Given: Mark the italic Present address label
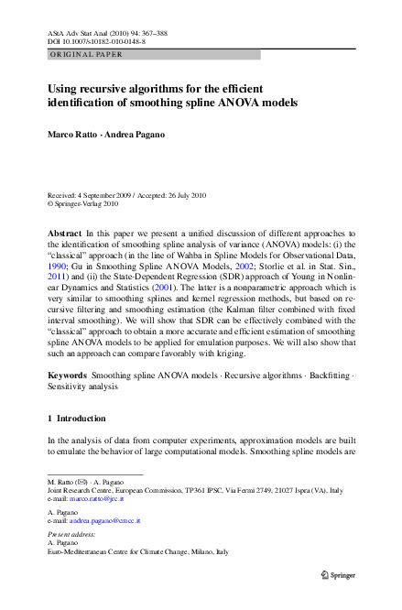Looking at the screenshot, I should (74, 533).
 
